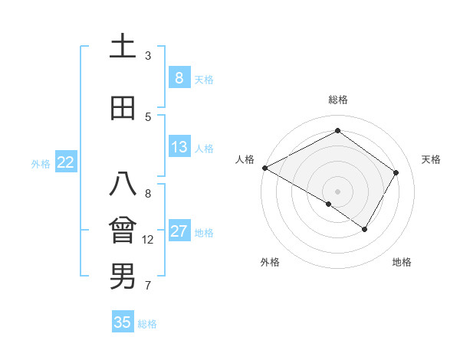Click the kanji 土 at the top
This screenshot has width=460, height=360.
click(x=123, y=46)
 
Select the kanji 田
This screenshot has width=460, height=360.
click(x=123, y=108)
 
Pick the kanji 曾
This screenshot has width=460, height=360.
click(x=123, y=231)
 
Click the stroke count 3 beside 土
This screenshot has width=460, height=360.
click(x=148, y=56)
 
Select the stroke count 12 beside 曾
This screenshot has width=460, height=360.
click(x=148, y=240)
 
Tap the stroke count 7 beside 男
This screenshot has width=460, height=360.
click(x=148, y=286)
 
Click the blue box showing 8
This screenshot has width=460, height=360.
click(x=179, y=78)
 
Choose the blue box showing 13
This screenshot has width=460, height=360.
click(x=179, y=147)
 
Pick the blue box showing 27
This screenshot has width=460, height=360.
click(x=179, y=232)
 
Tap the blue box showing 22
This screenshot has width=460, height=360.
click(x=66, y=162)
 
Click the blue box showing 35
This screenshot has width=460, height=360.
click(x=123, y=322)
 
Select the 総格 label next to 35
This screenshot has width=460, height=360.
click(x=148, y=324)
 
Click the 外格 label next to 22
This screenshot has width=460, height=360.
click(x=41, y=163)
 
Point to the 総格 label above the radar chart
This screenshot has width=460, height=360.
click(x=337, y=100)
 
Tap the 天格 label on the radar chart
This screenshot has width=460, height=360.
click(x=431, y=159)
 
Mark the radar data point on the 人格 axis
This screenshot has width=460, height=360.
click(x=264, y=167)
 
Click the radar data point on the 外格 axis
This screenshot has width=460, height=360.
click(x=329, y=204)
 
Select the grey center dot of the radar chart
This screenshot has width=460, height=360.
click(x=337, y=191)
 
